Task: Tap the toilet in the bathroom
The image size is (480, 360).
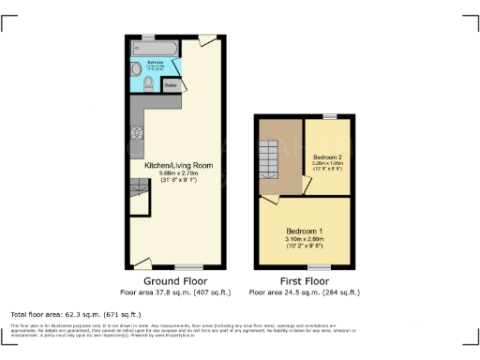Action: (150, 83)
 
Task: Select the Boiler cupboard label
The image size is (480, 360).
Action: (172, 85)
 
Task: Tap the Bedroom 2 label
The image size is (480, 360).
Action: (328, 156)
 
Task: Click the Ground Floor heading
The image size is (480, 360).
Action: (174, 281)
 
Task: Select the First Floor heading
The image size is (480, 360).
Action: (304, 281)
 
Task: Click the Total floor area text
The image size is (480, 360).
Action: (75, 314)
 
